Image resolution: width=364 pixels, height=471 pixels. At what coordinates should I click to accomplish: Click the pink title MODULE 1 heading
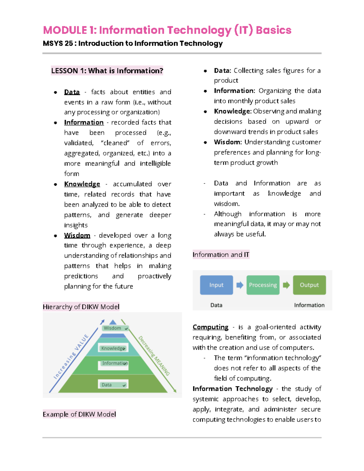pyautogui.click(x=167, y=30)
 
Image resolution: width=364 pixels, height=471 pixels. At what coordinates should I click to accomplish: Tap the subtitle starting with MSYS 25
pyautogui.click(x=133, y=43)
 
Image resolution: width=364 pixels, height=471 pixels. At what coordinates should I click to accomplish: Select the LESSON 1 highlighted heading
pyautogui.click(x=107, y=71)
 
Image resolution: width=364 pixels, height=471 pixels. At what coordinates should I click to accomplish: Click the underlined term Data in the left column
pyautogui.click(x=72, y=92)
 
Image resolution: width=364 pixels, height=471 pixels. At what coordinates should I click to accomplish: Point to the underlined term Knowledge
pyautogui.click(x=82, y=184)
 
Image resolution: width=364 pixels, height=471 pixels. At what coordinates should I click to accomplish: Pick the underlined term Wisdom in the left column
pyautogui.click(x=77, y=235)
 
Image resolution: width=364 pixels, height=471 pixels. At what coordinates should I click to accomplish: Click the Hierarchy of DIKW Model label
pyautogui.click(x=81, y=307)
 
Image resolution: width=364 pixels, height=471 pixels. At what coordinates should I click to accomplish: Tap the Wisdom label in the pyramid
pyautogui.click(x=113, y=328)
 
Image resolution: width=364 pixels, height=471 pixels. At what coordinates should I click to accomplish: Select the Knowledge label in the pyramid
pyautogui.click(x=113, y=348)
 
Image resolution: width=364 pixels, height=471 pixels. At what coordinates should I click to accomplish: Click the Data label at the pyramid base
pyautogui.click(x=107, y=385)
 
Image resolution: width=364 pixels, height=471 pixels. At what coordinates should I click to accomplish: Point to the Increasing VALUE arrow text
pyautogui.click(x=71, y=357)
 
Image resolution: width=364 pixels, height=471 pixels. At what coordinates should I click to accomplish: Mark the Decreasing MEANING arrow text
pyautogui.click(x=154, y=356)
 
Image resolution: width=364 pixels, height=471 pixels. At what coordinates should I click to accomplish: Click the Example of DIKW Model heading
pyautogui.click(x=79, y=414)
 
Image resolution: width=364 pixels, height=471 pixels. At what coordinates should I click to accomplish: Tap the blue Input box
pyautogui.click(x=216, y=285)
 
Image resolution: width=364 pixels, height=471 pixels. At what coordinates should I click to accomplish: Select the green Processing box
pyautogui.click(x=263, y=285)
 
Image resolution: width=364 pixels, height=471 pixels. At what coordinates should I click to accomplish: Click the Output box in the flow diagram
pyautogui.click(x=309, y=285)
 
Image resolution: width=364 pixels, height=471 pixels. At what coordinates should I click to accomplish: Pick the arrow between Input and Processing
pyautogui.click(x=240, y=285)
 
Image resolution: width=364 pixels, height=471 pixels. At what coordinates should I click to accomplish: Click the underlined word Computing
pyautogui.click(x=211, y=327)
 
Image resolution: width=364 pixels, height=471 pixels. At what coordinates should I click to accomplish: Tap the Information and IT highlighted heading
pyautogui.click(x=221, y=255)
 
